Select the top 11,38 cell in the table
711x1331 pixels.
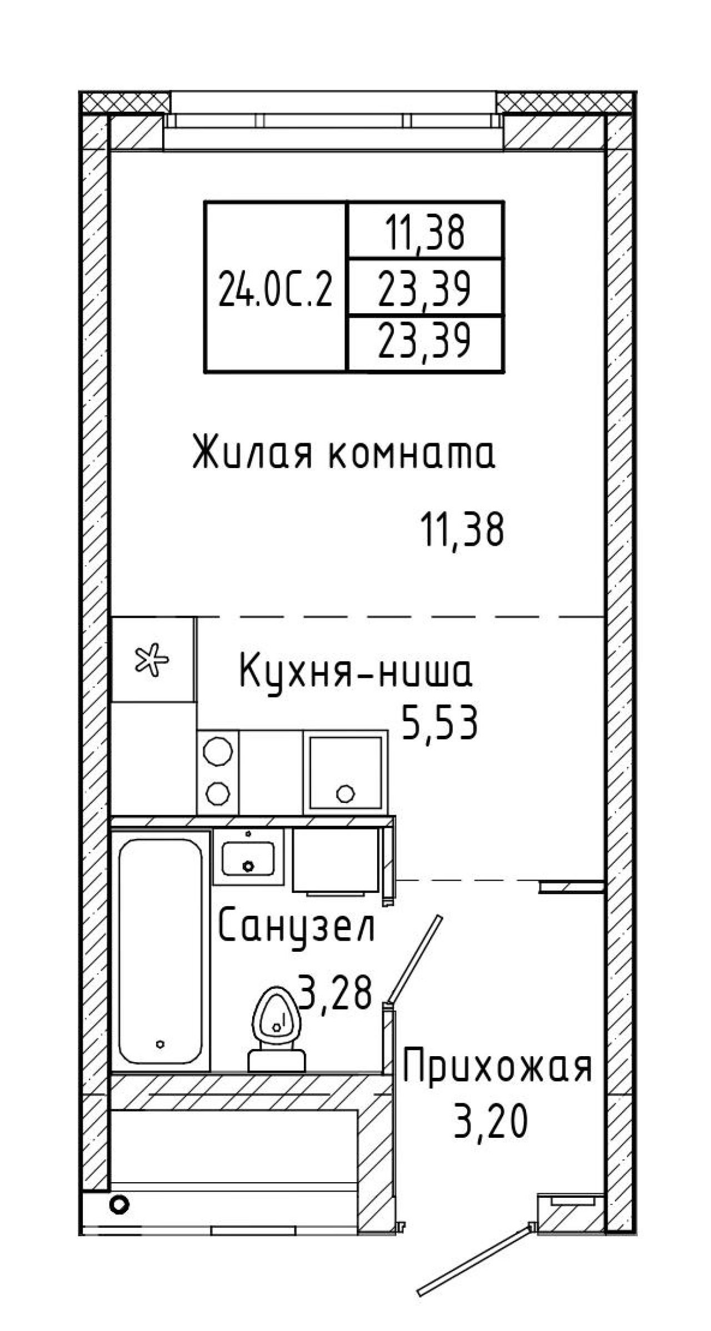425,231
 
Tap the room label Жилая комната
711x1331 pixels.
343,453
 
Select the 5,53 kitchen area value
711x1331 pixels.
439,723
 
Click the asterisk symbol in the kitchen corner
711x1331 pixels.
153,659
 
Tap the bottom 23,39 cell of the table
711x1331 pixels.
425,344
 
